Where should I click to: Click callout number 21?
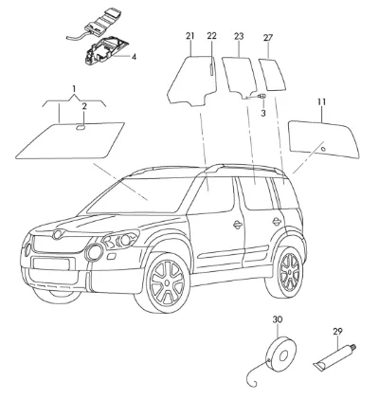(x=189, y=36)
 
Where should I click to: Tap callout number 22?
(x=212, y=36)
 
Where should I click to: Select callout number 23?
(x=239, y=36)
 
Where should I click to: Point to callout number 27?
(x=268, y=38)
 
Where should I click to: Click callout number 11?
(x=322, y=102)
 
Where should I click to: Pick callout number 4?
(x=134, y=57)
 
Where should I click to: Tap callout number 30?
(x=278, y=319)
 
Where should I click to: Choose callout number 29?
(x=337, y=332)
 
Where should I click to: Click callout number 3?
(x=263, y=113)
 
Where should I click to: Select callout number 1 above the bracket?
(x=74, y=89)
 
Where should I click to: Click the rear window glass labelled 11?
(x=324, y=139)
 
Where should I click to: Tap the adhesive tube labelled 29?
(x=335, y=356)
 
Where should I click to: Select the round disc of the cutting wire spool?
(x=281, y=353)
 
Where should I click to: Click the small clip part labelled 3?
(x=262, y=96)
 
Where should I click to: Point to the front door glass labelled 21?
(x=192, y=80)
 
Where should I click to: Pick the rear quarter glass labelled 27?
(x=272, y=75)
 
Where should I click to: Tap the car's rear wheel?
(x=287, y=272)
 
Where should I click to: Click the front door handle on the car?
(x=238, y=225)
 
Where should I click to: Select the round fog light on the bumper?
(x=94, y=252)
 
